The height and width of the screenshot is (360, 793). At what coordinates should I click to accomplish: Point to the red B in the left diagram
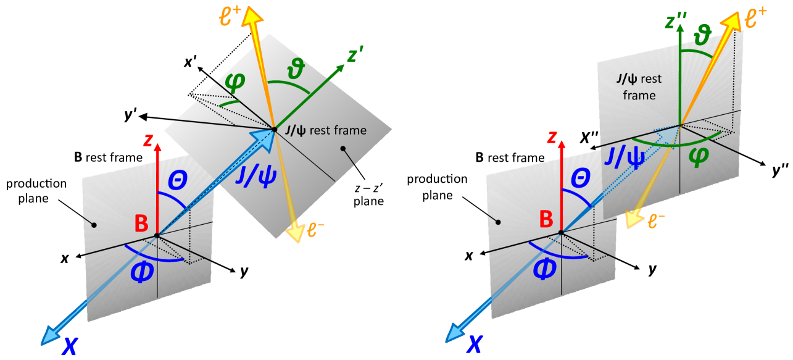[x=141, y=223]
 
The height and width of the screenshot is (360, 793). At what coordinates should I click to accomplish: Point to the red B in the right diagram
[x=545, y=219]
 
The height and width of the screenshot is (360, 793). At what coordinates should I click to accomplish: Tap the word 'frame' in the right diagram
[x=639, y=96]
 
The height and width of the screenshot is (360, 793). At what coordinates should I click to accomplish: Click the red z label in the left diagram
[x=148, y=141]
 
